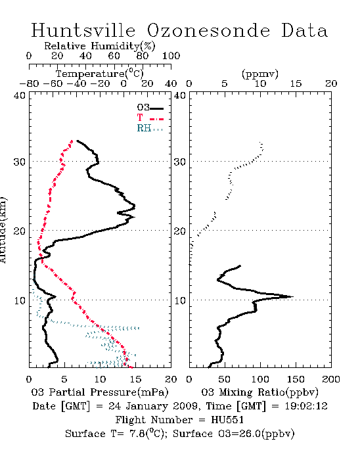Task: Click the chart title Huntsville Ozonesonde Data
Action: (179, 30)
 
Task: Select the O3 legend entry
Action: (150, 108)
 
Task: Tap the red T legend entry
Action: (150, 118)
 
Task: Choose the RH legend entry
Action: (150, 128)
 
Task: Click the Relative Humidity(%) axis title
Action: (100, 46)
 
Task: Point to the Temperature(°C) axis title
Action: (100, 74)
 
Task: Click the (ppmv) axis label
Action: (260, 74)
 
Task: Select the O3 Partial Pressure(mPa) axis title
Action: (100, 392)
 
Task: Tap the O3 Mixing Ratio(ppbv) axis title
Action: (259, 392)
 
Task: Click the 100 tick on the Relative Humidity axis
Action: (171, 56)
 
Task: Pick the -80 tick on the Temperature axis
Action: (29, 83)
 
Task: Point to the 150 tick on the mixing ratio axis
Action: (296, 379)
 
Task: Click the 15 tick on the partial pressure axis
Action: (135, 379)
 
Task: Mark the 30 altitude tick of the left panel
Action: (19, 162)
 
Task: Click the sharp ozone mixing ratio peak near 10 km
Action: (292, 296)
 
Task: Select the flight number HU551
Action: (227, 420)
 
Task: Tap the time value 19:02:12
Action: (306, 406)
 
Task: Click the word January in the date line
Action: (147, 406)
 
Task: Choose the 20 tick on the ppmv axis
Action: (331, 83)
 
